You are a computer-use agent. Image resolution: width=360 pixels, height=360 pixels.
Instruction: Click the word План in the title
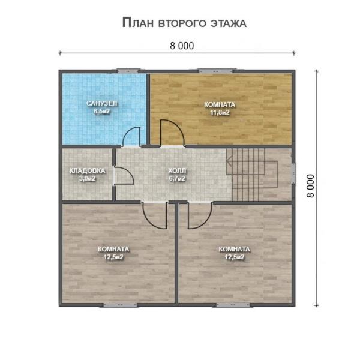click(x=138, y=23)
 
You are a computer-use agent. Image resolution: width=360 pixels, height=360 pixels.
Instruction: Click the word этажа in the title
click(x=229, y=23)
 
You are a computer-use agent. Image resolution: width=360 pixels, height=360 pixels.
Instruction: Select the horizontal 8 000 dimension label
click(x=182, y=46)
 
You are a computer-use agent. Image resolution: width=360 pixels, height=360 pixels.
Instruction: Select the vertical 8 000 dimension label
click(x=310, y=186)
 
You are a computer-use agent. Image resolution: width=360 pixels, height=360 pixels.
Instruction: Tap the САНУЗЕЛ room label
click(x=102, y=103)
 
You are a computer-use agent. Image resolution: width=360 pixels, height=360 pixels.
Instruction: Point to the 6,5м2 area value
click(x=102, y=112)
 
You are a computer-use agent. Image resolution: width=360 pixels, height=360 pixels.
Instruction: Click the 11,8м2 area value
click(x=220, y=113)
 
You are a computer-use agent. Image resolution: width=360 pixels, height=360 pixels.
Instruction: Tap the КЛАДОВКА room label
click(x=87, y=170)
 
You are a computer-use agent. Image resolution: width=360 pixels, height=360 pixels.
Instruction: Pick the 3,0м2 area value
click(x=87, y=179)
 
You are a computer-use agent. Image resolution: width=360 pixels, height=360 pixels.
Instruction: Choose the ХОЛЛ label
click(x=177, y=170)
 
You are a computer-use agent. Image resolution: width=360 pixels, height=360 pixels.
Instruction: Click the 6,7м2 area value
click(x=177, y=179)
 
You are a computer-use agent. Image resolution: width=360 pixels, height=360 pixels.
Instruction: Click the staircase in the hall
click(x=252, y=174)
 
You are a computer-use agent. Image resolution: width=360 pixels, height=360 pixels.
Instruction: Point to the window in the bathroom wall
click(x=128, y=71)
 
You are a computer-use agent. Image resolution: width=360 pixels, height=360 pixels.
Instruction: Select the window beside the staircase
click(x=294, y=173)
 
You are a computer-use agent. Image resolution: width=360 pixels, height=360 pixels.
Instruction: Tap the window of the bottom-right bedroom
click(x=233, y=305)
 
